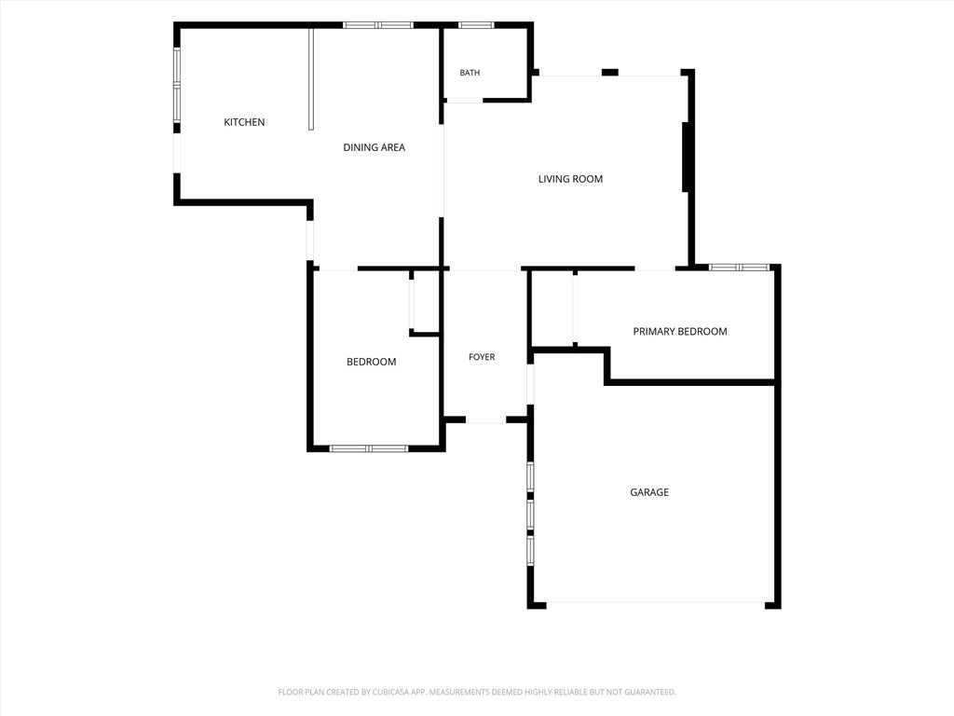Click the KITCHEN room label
click(244, 122)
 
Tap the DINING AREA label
click(375, 147)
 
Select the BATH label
click(470, 73)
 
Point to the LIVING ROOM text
click(571, 179)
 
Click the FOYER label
click(482, 357)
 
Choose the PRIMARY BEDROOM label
click(680, 331)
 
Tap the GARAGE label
click(649, 492)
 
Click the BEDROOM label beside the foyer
click(371, 362)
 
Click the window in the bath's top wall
click(476, 25)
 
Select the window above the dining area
click(378, 25)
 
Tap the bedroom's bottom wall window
click(369, 448)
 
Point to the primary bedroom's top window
click(739, 268)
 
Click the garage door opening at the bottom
click(655, 603)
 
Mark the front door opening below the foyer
click(485, 420)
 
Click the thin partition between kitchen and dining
click(311, 78)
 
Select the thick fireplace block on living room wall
click(685, 157)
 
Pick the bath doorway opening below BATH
click(464, 101)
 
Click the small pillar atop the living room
click(609, 73)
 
